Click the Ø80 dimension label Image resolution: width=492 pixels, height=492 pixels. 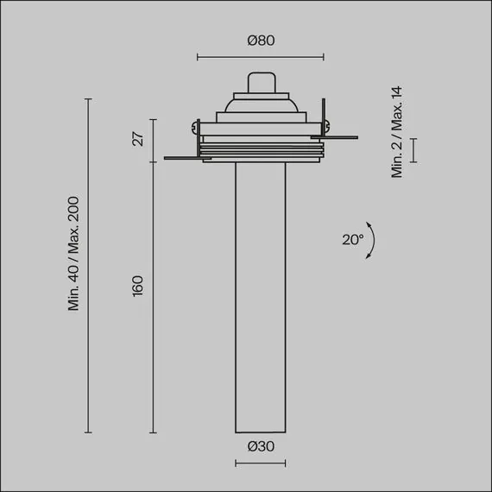point(260,40)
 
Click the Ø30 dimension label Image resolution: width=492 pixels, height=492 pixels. point(260,446)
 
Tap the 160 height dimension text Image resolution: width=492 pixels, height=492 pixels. point(138,286)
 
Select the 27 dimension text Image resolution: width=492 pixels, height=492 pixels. point(138,139)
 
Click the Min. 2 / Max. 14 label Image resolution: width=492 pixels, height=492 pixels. point(397,132)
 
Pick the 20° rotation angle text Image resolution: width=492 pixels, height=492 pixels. point(352,240)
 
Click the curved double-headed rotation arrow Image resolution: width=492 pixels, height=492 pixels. point(369,241)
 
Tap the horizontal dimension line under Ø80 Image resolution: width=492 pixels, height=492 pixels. point(261,58)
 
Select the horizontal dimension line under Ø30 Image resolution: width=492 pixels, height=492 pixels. point(260,464)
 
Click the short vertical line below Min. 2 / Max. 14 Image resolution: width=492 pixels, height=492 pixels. point(413,149)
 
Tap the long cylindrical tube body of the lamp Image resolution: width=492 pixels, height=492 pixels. point(260,293)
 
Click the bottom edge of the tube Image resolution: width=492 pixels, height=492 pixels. point(260,431)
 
